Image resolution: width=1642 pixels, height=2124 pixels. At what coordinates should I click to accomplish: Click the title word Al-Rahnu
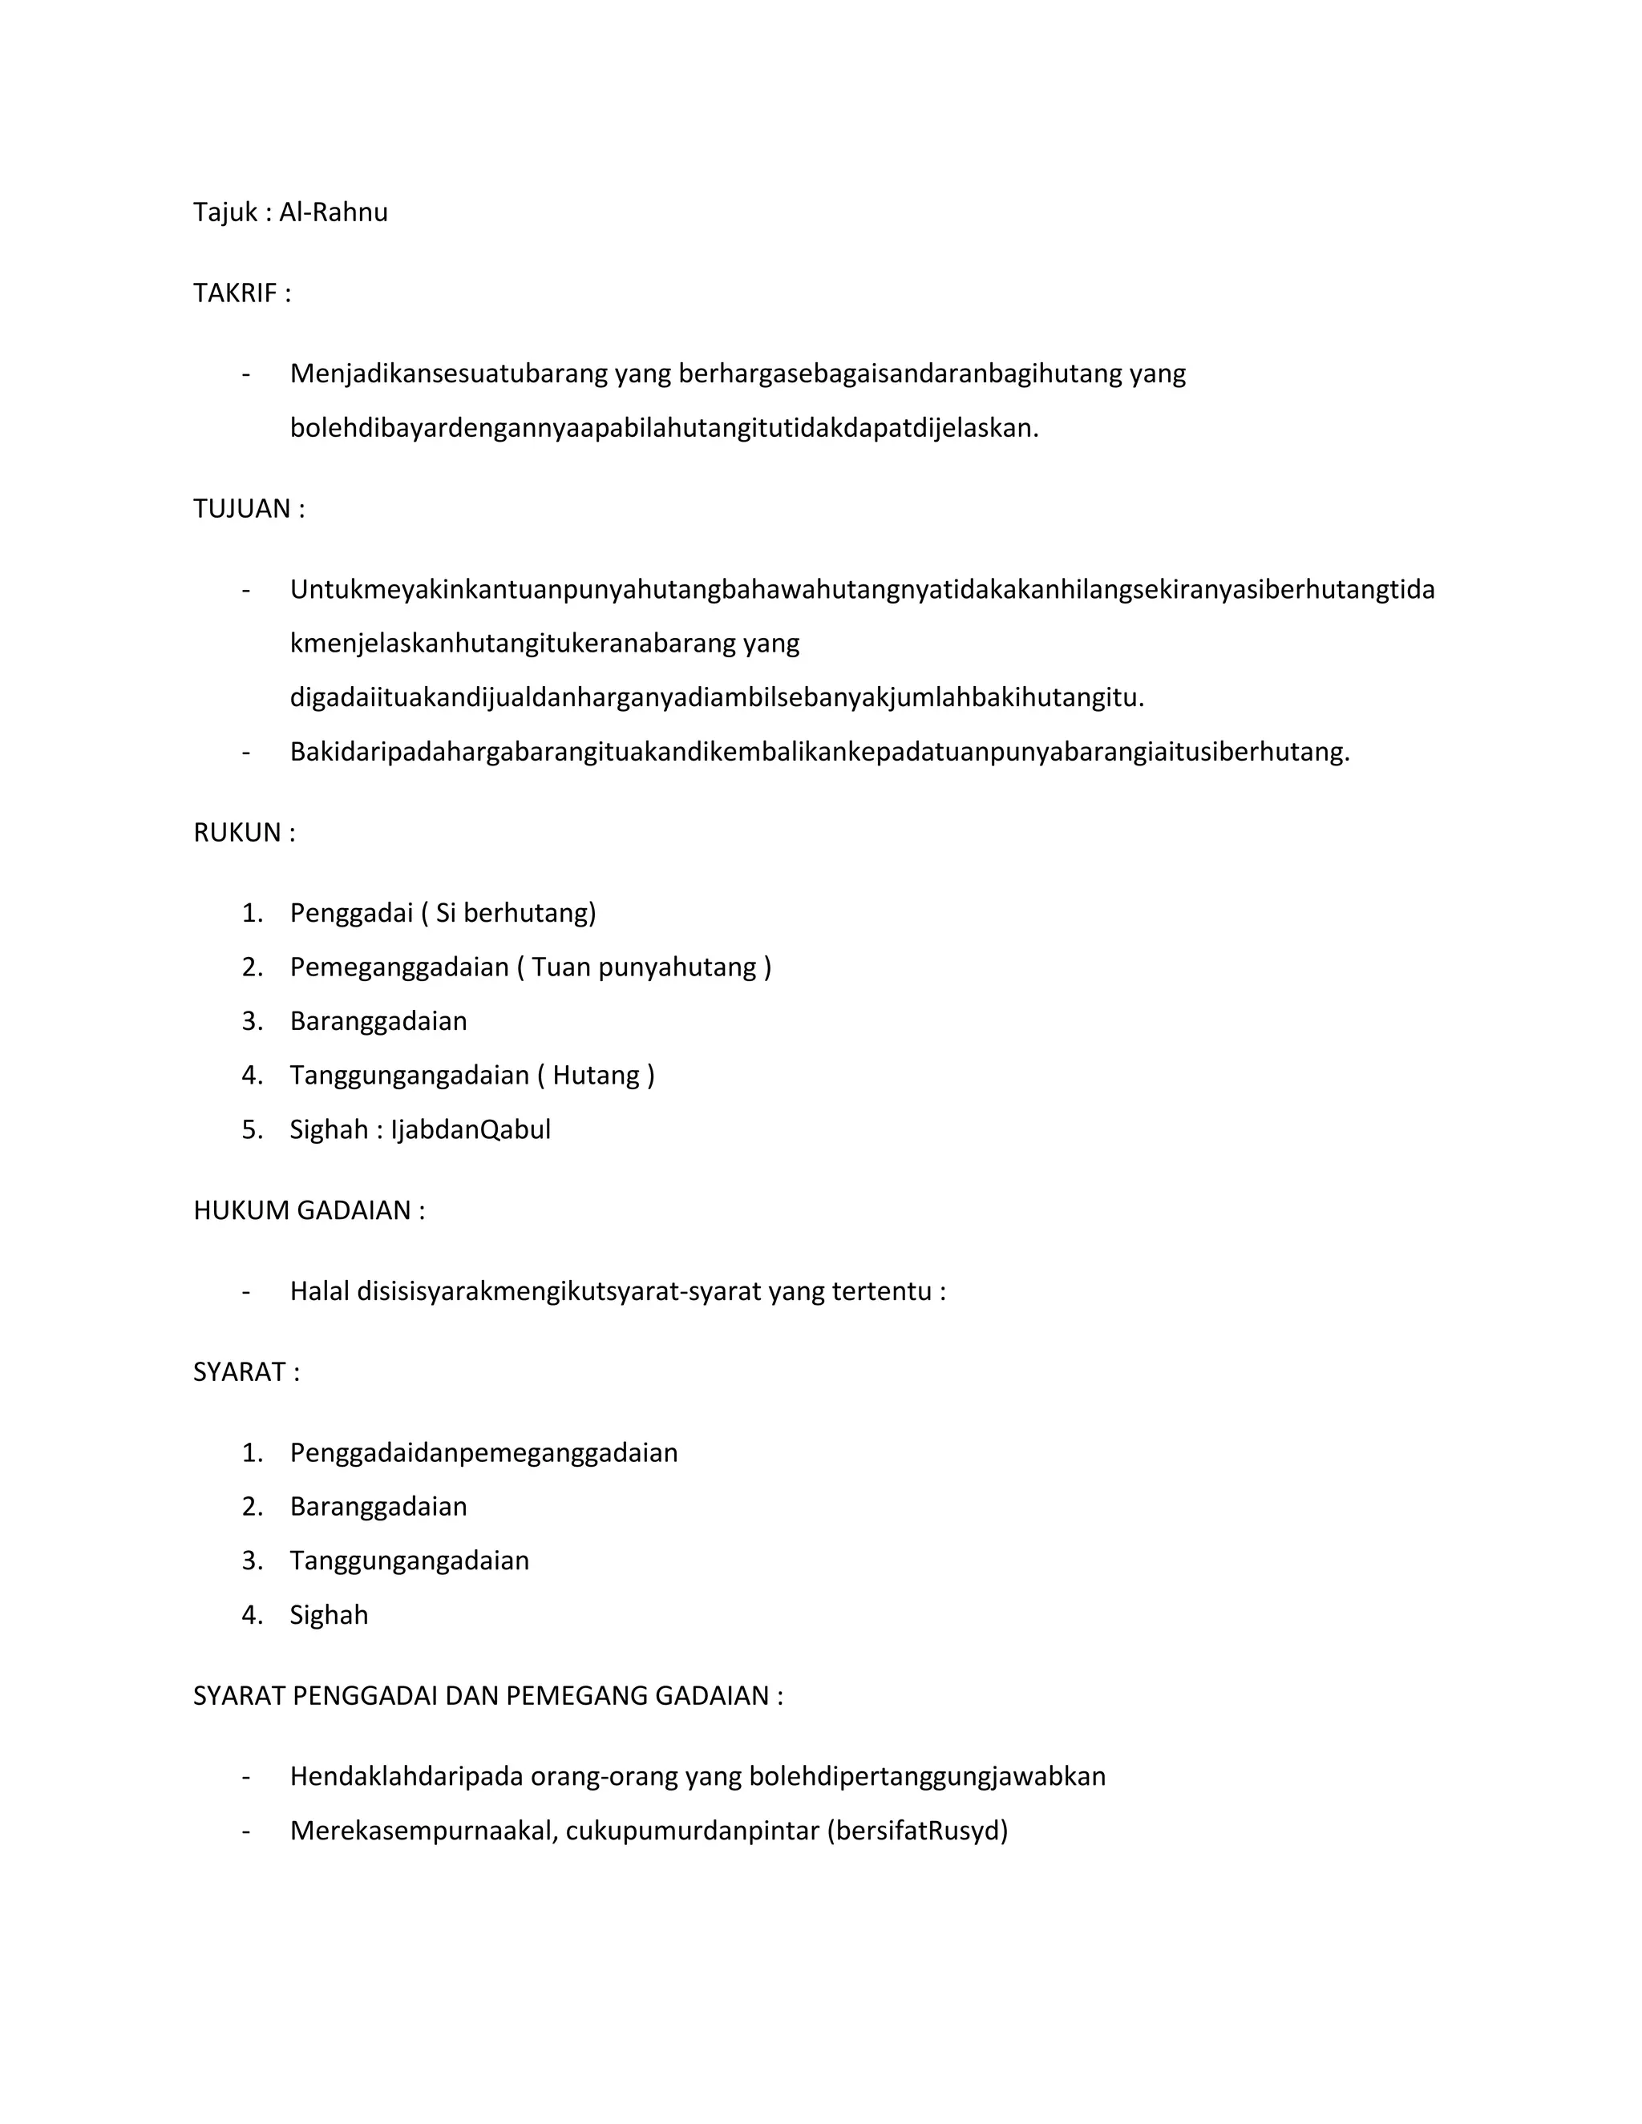pos(333,212)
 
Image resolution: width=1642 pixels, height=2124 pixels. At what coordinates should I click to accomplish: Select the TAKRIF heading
pos(241,293)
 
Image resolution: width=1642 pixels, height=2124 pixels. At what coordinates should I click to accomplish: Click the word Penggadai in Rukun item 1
pos(351,913)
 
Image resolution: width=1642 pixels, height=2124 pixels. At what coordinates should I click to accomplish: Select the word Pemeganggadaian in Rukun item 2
pos(398,967)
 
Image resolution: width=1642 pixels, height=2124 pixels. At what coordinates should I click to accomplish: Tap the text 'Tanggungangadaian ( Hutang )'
pos(471,1075)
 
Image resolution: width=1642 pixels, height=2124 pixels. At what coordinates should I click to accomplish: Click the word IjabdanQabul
pos(471,1129)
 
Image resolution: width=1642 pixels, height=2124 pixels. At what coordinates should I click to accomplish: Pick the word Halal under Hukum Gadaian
pos(319,1291)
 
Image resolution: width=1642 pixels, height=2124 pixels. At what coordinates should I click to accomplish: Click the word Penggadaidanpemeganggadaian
pos(483,1453)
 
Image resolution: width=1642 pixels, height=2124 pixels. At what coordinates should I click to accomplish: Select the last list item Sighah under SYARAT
pos(329,1614)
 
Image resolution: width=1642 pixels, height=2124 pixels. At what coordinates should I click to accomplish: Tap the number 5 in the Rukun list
pos(251,1129)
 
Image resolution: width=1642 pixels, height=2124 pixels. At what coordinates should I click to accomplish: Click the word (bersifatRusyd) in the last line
pos(917,1831)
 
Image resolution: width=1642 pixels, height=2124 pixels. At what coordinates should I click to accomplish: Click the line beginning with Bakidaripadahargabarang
pos(819,752)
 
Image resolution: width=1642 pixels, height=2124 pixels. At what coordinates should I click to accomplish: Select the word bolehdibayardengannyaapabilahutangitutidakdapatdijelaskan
pos(663,428)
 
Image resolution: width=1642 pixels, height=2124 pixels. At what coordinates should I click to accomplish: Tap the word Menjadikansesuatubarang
pos(447,374)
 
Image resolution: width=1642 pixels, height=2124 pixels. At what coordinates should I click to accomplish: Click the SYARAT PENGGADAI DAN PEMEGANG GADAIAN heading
pos(487,1695)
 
